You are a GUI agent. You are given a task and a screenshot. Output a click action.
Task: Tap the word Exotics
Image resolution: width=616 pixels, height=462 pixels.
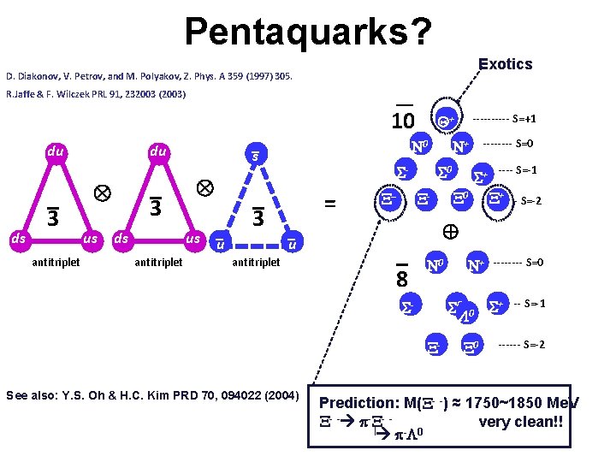(x=506, y=64)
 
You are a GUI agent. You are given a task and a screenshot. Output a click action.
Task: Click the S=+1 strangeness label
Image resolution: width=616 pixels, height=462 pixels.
(x=512, y=119)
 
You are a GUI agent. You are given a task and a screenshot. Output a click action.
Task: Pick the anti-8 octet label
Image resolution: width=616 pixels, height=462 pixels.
(x=400, y=279)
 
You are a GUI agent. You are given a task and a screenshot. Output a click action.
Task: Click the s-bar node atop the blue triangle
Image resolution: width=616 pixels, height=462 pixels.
(x=255, y=156)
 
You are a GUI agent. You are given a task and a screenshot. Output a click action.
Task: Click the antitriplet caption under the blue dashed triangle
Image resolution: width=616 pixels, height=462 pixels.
(x=256, y=263)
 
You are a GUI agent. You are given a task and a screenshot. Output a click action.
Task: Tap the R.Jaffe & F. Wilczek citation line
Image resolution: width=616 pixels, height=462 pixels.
(x=96, y=94)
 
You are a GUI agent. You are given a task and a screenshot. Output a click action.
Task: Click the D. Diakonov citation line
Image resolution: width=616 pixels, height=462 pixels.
(x=149, y=77)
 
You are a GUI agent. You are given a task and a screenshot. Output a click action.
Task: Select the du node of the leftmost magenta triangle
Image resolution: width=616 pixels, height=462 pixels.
(x=56, y=152)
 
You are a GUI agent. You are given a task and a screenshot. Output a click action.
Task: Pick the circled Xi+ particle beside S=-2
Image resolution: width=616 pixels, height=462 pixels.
(x=496, y=200)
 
